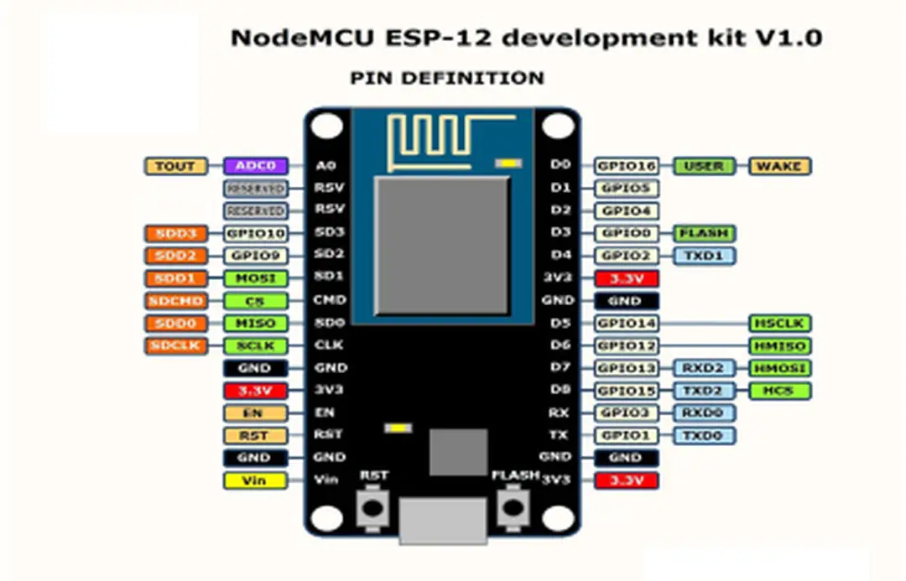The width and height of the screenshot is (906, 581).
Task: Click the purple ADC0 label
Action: pyautogui.click(x=256, y=166)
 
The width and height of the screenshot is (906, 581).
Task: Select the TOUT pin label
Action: pyautogui.click(x=175, y=166)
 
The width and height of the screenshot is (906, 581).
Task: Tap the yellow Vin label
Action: pyautogui.click(x=255, y=480)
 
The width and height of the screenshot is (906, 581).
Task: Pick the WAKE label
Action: pyautogui.click(x=779, y=166)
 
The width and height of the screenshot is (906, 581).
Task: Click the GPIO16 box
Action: pyautogui.click(x=627, y=166)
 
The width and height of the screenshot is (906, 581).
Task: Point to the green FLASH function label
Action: pyautogui.click(x=704, y=233)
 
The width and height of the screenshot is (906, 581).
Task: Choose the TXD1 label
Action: pyautogui.click(x=704, y=256)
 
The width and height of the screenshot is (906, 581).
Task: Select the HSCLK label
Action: pyautogui.click(x=779, y=324)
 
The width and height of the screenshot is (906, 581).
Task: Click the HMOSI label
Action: pyautogui.click(x=779, y=368)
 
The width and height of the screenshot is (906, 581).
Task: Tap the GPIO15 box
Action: pyautogui.click(x=627, y=391)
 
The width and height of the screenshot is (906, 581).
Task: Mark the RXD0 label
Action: pyautogui.click(x=704, y=412)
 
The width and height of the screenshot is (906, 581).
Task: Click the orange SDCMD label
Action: pyautogui.click(x=175, y=301)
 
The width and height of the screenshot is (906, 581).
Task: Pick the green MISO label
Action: pyautogui.click(x=255, y=324)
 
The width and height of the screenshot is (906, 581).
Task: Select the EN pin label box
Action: pyautogui.click(x=255, y=413)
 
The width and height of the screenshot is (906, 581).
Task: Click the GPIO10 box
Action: pyautogui.click(x=255, y=233)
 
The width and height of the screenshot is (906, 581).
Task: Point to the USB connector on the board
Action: pyautogui.click(x=443, y=520)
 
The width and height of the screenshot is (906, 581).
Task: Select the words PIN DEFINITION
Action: pyautogui.click(x=446, y=78)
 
